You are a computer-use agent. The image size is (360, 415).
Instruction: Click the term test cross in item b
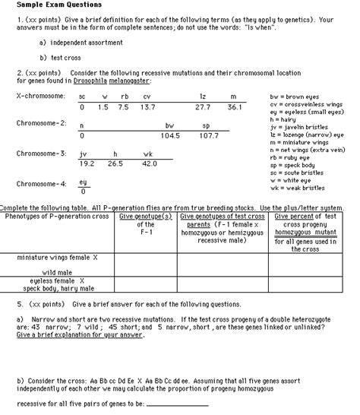[x=65, y=57]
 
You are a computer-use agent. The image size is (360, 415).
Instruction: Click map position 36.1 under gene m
[x=234, y=109]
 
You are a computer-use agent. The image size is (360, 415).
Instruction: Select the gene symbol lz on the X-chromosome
[x=203, y=97]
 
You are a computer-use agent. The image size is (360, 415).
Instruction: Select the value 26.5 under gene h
[x=115, y=163]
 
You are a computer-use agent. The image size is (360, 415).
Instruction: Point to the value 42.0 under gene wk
[x=149, y=163]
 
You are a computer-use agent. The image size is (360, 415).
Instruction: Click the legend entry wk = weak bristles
[x=297, y=187]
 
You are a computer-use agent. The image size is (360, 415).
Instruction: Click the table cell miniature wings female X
[x=58, y=258]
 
